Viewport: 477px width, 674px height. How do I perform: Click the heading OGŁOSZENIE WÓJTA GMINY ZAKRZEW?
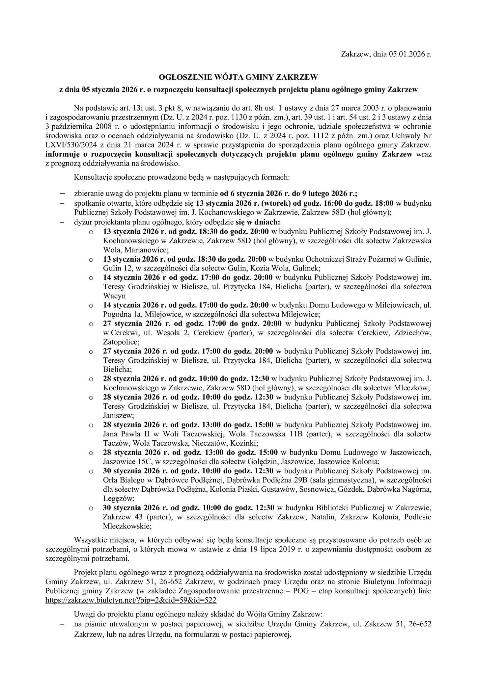tap(238, 77)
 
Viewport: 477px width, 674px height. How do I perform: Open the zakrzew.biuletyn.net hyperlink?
tap(131, 600)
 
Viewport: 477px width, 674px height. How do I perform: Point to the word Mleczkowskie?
tap(127, 526)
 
